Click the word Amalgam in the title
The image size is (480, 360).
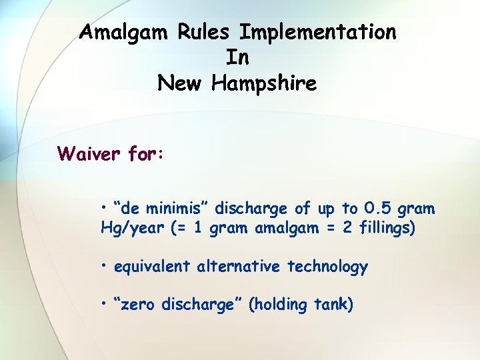point(125,32)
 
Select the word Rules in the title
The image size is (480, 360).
point(205,32)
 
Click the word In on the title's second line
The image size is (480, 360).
point(237,58)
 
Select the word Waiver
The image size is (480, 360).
point(89,154)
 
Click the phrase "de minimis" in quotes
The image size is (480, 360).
point(155,209)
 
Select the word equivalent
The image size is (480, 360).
point(153,267)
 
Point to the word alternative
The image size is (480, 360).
point(239,267)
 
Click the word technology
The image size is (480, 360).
point(327,267)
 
